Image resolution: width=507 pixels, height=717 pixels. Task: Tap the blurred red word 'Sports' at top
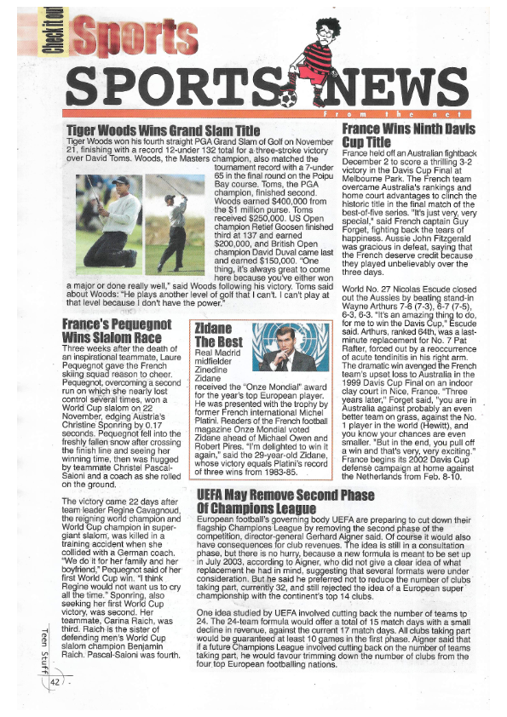pyautogui.click(x=127, y=36)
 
